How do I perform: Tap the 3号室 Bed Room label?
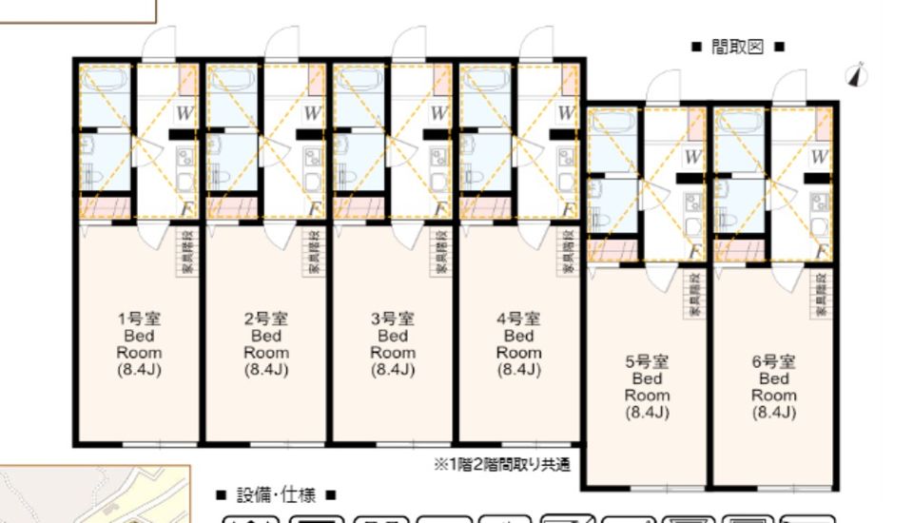click(392, 343)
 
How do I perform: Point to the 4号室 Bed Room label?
click(518, 343)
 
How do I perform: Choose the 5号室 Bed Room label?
click(647, 386)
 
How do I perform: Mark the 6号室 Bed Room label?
click(773, 386)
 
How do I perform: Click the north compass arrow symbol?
click(859, 74)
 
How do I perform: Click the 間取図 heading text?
click(737, 47)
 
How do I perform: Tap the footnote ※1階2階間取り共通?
click(502, 465)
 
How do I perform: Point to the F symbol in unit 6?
click(821, 251)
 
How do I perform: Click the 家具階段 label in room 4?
click(568, 252)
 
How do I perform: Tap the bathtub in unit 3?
click(359, 96)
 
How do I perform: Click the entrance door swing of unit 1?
click(158, 45)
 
